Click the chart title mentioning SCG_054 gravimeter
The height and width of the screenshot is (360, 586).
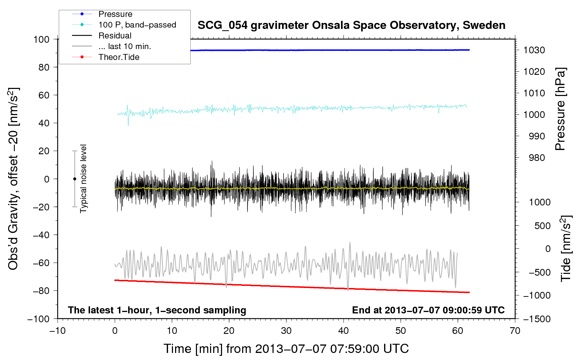tap(351, 25)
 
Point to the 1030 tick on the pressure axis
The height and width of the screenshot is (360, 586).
tap(534, 50)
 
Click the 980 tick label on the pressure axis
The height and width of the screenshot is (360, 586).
tap(537, 158)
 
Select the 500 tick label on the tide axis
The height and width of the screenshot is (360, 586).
tap(542, 226)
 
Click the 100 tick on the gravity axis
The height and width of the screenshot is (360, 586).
tap(41, 40)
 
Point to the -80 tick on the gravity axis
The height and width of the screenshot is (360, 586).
tap(41, 291)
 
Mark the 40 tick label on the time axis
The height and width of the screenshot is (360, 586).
tap(343, 331)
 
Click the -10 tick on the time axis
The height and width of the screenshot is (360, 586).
tap(58, 331)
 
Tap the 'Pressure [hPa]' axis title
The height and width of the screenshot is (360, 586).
tap(560, 109)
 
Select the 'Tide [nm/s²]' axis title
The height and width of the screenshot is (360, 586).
tap(566, 248)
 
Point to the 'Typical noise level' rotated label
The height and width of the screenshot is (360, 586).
tap(83, 179)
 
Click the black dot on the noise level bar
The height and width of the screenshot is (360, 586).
tap(74, 179)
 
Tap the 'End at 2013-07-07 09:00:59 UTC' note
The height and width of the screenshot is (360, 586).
tap(428, 310)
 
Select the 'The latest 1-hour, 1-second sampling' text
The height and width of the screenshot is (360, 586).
tap(157, 310)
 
